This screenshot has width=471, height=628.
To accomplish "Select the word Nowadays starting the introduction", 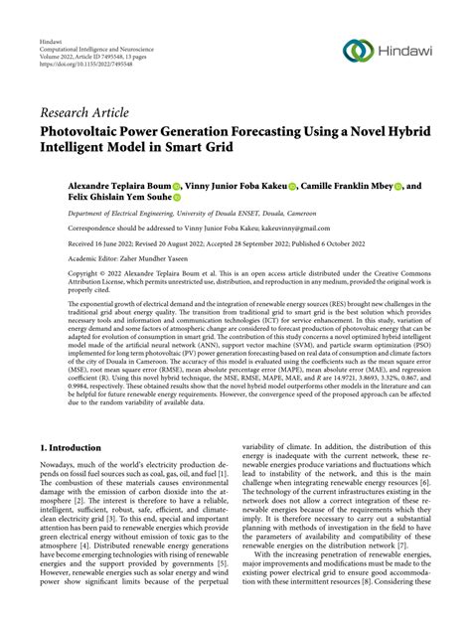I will coord(61,448).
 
